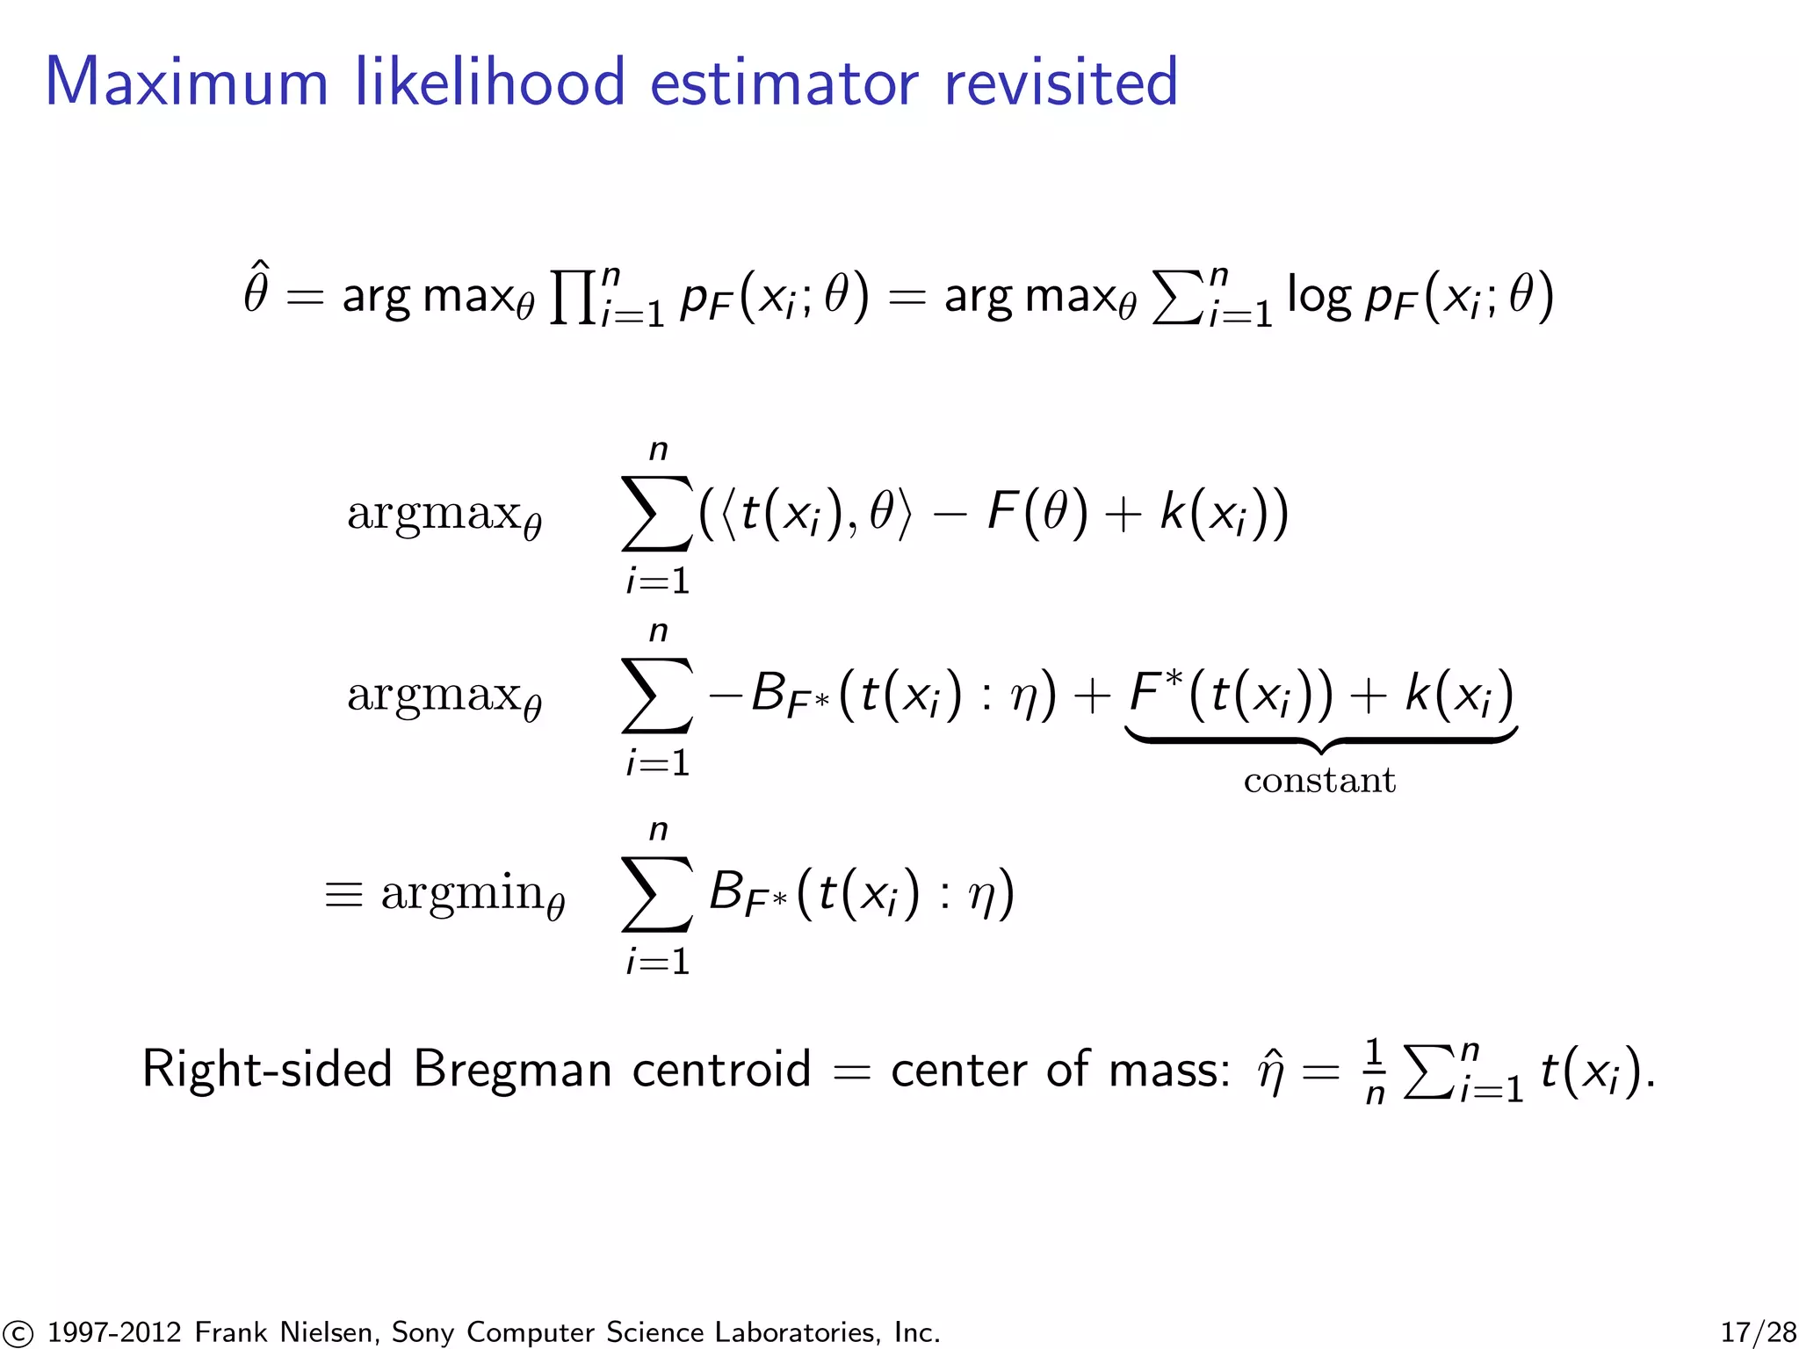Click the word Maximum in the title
[x=186, y=83]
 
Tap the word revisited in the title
[x=1060, y=83]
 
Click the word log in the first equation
[x=1318, y=296]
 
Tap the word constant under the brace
[x=1319, y=780]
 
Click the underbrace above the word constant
[x=1320, y=739]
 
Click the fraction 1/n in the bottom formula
[x=1375, y=1071]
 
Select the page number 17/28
[x=1758, y=1331]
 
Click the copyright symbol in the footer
[x=16, y=1332]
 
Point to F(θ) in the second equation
[x=1037, y=512]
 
